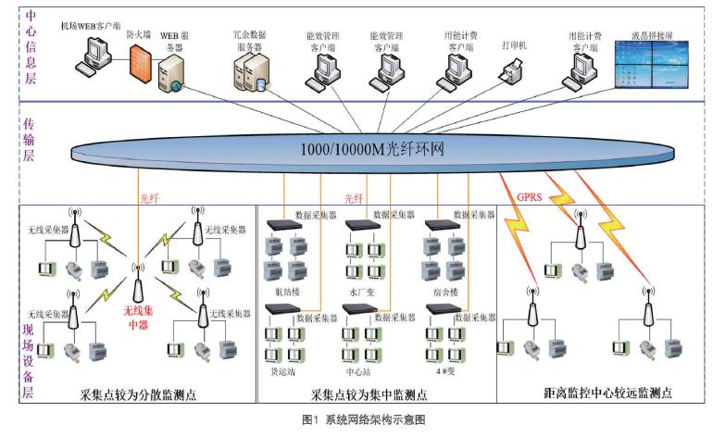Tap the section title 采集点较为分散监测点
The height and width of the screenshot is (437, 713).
pyautogui.click(x=135, y=393)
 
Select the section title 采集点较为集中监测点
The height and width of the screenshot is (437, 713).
pyautogui.click(x=369, y=393)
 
